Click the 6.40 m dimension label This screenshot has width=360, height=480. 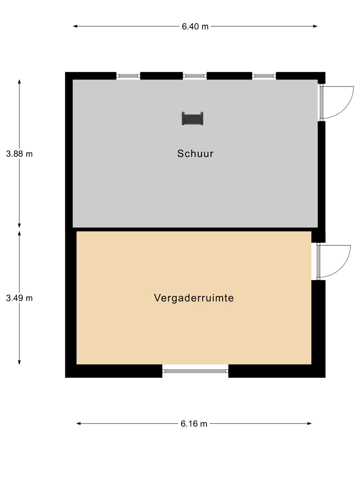(x=195, y=26)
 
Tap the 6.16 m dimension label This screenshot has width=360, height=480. (x=194, y=424)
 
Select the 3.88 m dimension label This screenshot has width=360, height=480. (x=19, y=154)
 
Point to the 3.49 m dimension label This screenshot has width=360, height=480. (x=19, y=298)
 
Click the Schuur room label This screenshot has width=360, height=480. (x=195, y=154)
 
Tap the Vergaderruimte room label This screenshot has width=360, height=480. (x=194, y=298)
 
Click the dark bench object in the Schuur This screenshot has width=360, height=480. (x=193, y=119)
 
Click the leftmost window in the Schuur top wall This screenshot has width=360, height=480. (x=128, y=76)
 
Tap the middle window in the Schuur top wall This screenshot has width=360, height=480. (x=195, y=76)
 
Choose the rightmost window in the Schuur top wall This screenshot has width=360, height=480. (x=264, y=76)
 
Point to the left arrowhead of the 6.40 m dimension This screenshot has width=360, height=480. (x=75, y=26)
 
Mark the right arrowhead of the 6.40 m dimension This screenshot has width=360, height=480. (x=315, y=26)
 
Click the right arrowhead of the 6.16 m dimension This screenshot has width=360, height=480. (x=309, y=424)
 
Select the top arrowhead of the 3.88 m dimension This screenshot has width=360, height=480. (x=19, y=82)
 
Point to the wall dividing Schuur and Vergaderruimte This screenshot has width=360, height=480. (x=195, y=229)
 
